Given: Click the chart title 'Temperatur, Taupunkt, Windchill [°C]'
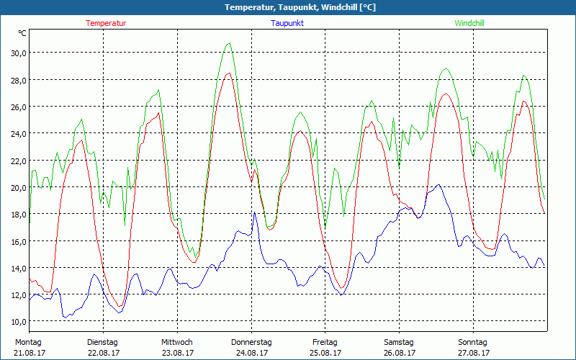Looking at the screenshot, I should (289, 7).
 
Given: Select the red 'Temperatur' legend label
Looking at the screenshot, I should (106, 23).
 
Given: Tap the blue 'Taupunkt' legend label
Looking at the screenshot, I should (288, 23).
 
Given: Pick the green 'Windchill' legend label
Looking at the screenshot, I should (469, 23).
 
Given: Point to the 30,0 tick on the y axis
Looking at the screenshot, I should (17, 53).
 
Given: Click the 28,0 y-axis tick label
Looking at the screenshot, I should (17, 80).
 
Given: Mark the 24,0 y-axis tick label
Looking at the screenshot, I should (17, 133).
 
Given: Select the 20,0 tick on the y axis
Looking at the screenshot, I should (17, 187).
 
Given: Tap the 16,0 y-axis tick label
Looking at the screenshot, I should (17, 241).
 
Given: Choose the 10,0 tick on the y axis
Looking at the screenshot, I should (17, 321).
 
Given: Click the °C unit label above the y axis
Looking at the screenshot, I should (22, 33).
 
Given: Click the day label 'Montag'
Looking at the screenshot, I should (28, 343).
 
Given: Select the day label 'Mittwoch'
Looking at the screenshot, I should (177, 343).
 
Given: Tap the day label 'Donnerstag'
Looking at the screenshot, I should (251, 343).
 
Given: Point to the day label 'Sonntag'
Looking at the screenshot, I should (472, 343).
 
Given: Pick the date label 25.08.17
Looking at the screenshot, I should (325, 354).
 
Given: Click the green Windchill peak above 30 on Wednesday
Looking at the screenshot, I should (229, 43).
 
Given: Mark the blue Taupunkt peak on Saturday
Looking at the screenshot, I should (438, 185).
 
